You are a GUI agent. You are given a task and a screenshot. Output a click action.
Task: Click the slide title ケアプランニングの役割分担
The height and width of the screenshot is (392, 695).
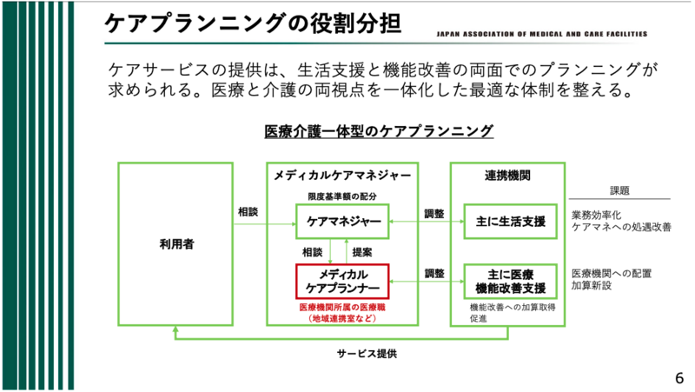(x=252, y=23)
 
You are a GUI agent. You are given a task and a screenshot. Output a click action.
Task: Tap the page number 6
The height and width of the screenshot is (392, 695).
(x=679, y=377)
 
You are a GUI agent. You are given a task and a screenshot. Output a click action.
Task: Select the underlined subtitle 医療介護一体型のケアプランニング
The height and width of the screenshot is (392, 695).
(x=379, y=131)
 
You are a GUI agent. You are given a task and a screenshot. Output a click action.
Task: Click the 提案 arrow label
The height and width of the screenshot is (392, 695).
(x=362, y=252)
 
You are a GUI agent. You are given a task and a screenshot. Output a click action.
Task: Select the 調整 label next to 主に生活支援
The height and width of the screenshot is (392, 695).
(x=434, y=213)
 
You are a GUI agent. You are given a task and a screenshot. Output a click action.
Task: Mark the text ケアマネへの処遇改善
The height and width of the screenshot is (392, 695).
(x=620, y=227)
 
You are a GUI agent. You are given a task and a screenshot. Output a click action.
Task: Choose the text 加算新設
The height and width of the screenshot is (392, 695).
(x=591, y=284)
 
